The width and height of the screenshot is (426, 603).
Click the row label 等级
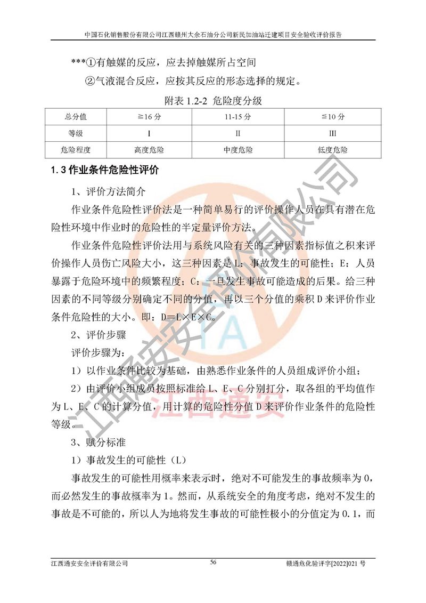76,133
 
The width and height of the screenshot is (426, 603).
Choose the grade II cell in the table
238,133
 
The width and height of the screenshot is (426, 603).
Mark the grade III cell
333,133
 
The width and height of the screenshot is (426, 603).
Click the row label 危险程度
76,150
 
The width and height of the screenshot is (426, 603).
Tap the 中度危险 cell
238,150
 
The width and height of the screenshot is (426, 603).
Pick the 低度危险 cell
333,150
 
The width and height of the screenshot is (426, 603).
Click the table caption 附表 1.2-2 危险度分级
213,100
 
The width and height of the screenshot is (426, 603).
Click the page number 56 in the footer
213,562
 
